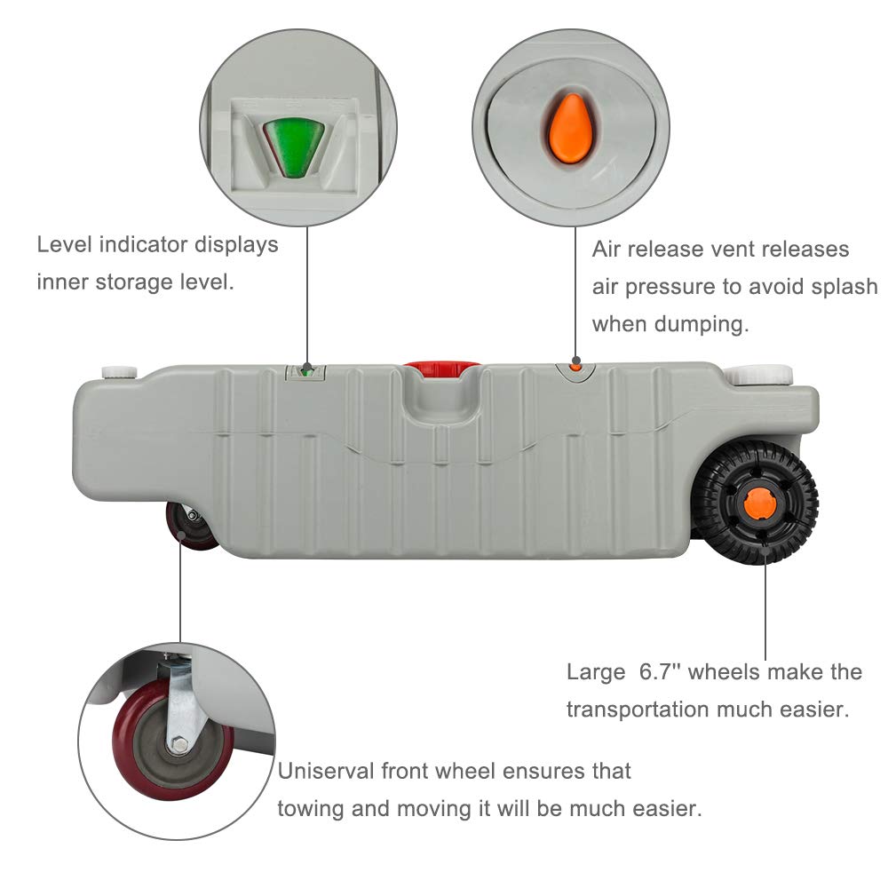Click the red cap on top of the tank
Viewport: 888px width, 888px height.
pyautogui.click(x=441, y=366)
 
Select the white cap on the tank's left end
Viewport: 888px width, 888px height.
pyautogui.click(x=118, y=372)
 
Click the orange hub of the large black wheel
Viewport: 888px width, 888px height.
pyautogui.click(x=759, y=504)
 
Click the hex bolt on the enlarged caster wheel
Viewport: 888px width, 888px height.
pyautogui.click(x=178, y=745)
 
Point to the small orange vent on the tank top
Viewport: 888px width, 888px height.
pyautogui.click(x=575, y=365)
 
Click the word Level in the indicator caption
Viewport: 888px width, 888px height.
pyautogui.click(x=64, y=244)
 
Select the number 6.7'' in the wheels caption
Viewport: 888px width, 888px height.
pyautogui.click(x=662, y=671)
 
